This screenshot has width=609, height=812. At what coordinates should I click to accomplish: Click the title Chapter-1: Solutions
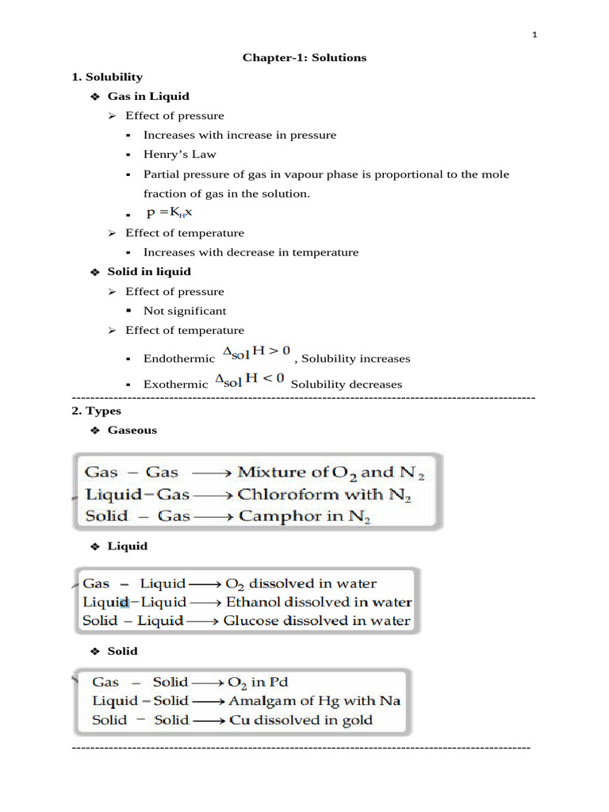point(304,58)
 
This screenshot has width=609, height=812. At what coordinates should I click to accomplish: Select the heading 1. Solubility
point(107,77)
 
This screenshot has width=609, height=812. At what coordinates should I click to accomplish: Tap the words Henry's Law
point(179,155)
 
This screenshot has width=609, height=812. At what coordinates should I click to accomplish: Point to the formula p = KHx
point(169,213)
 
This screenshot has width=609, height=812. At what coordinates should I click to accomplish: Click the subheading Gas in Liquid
point(148,96)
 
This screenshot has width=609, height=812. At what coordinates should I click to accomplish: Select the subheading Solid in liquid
point(149,272)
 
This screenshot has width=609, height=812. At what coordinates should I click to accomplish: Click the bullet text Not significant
point(184,311)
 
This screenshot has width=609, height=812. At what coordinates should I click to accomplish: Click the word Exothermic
point(175,385)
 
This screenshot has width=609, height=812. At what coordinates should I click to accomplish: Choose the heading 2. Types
point(96,411)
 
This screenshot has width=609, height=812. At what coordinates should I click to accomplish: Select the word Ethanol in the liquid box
point(252,603)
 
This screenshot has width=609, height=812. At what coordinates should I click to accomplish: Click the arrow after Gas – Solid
point(209,682)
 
